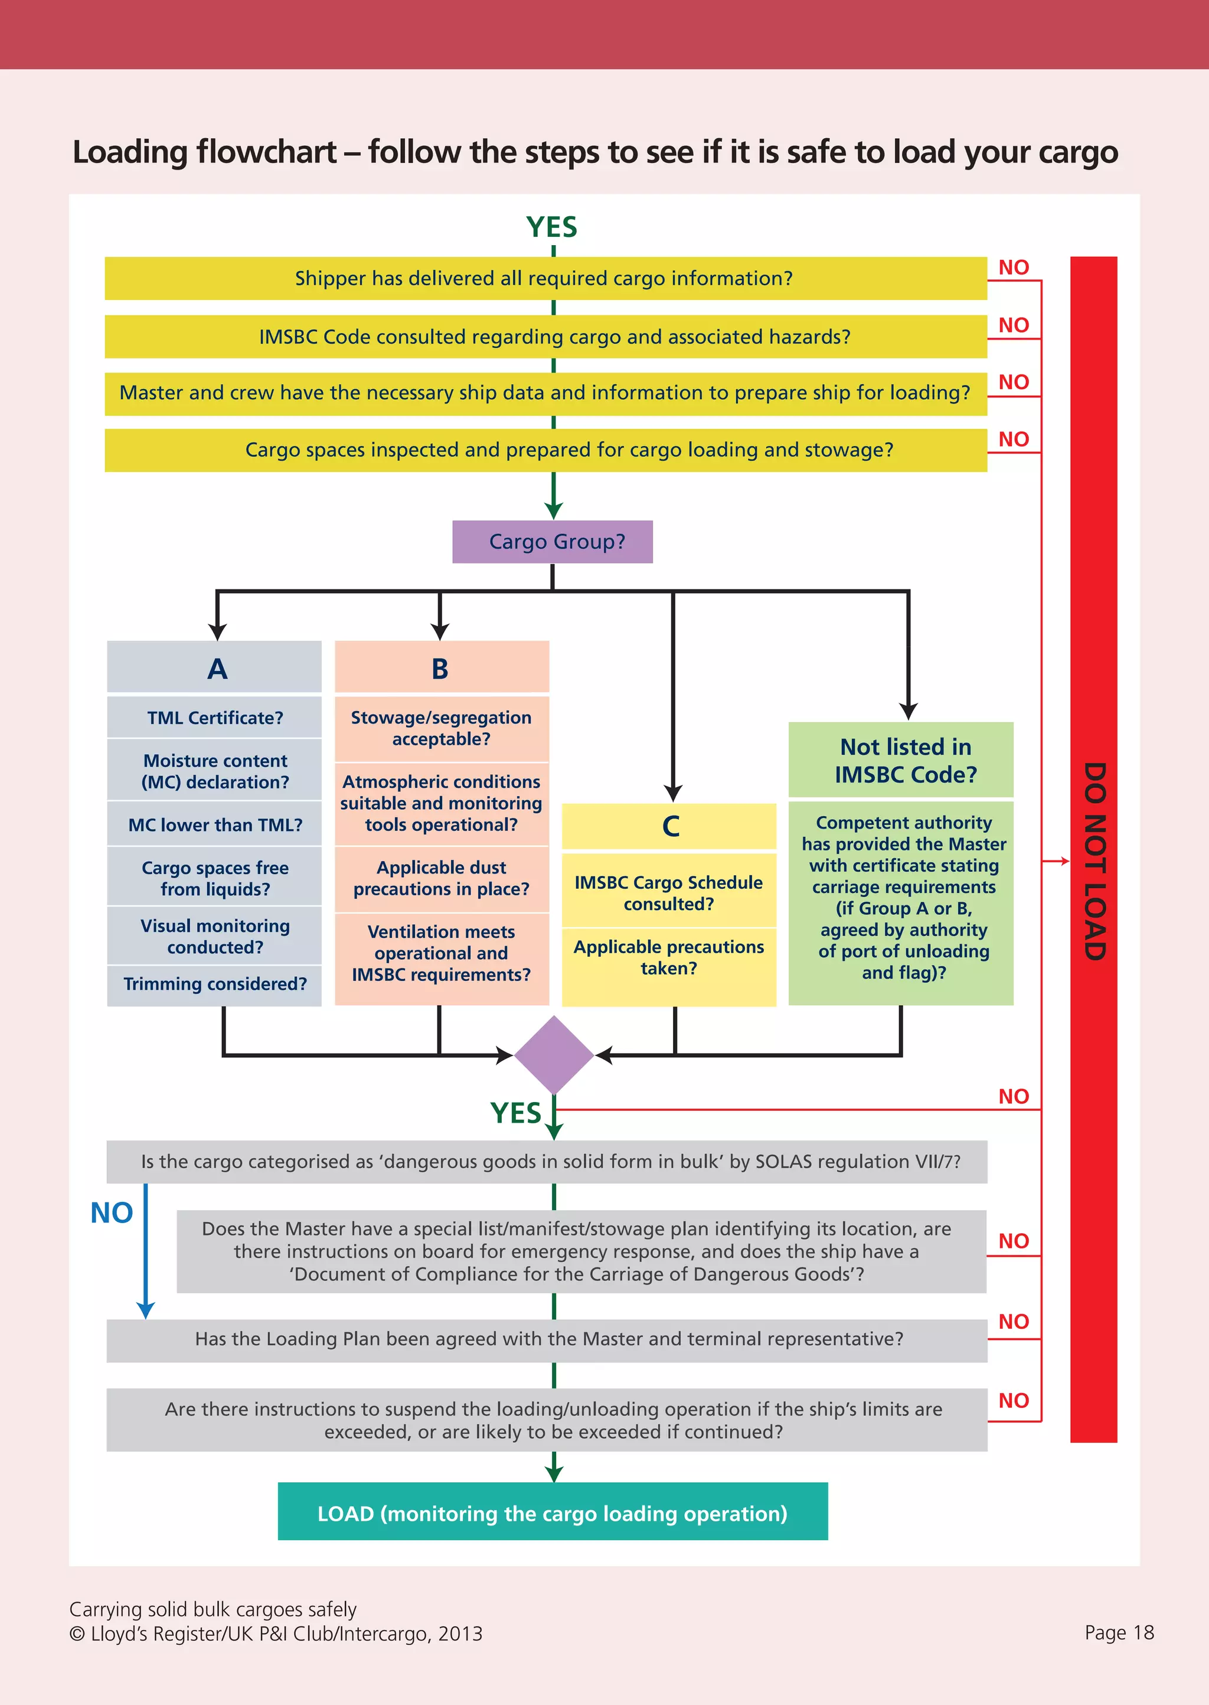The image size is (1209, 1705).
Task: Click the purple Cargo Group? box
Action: tap(553, 542)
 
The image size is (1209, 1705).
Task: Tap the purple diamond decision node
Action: tap(553, 1054)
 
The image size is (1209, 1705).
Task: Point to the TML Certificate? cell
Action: tap(214, 718)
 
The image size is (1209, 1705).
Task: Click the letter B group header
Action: tap(441, 669)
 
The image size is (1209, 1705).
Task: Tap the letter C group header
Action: tap(670, 826)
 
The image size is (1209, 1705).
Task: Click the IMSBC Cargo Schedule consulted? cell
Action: tap(668, 893)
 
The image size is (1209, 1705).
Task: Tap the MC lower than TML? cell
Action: tap(214, 825)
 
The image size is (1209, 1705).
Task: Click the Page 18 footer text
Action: tap(1119, 1633)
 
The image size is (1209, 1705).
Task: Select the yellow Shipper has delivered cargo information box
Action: tap(545, 279)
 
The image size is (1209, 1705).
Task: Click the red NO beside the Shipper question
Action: tap(1013, 268)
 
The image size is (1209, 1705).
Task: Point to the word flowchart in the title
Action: tap(266, 152)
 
